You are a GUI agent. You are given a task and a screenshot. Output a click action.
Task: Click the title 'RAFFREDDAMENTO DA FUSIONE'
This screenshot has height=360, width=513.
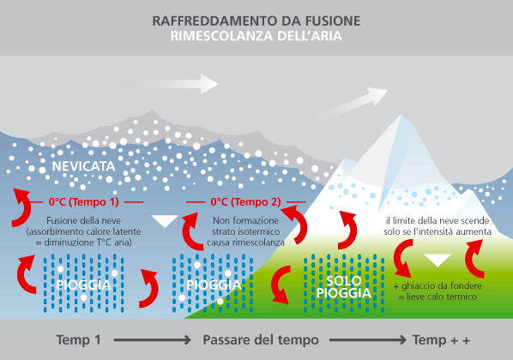(256, 21)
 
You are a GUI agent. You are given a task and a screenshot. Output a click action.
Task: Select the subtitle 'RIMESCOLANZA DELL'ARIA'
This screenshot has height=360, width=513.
(256, 36)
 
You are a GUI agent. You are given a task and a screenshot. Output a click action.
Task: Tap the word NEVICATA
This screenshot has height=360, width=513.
(83, 166)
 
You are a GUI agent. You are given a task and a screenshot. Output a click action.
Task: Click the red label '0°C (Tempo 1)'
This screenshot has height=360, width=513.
(84, 201)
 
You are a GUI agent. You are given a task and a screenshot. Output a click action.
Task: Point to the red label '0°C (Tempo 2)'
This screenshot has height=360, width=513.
(245, 201)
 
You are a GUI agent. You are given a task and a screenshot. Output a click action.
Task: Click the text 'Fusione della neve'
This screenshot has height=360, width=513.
(83, 220)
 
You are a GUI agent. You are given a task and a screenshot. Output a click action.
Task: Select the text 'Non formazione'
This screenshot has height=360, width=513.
(245, 220)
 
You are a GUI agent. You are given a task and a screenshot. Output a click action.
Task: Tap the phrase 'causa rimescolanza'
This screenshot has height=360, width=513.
(245, 243)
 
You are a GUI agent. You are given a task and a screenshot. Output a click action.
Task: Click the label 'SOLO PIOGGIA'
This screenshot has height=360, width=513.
(343, 287)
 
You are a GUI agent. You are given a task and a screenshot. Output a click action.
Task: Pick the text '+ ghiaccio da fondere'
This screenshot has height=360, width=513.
(438, 286)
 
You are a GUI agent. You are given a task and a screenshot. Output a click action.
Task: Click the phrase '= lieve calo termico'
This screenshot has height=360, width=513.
(438, 297)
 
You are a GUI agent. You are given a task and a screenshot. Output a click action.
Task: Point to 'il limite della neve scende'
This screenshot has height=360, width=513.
(438, 220)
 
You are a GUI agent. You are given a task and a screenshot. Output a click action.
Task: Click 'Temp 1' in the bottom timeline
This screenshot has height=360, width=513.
(79, 340)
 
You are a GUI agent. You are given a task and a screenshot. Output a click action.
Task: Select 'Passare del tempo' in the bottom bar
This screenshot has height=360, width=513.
(261, 340)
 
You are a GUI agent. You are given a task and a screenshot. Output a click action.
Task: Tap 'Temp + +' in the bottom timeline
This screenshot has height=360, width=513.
(441, 340)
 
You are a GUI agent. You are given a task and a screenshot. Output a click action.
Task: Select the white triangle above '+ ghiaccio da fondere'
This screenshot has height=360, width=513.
(438, 261)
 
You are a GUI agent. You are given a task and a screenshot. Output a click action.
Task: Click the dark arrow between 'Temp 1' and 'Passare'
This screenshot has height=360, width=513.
(153, 340)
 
